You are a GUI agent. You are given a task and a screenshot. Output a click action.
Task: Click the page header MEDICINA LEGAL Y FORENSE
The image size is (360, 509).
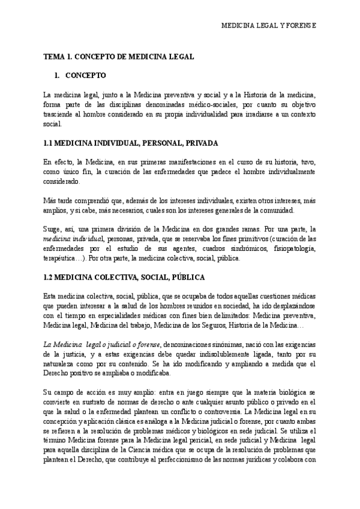point(269,27)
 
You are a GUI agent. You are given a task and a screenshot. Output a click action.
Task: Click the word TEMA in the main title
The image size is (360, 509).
point(54,56)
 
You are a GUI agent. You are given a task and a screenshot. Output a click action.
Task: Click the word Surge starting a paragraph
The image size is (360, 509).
point(53,229)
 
